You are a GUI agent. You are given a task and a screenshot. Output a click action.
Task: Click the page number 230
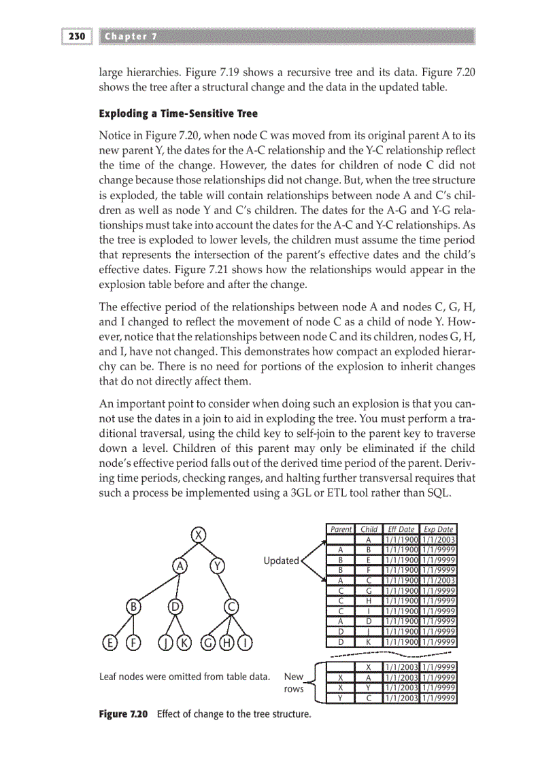pyautogui.click(x=76, y=36)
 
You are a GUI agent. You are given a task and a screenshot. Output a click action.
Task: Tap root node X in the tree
pyautogui.click(x=198, y=535)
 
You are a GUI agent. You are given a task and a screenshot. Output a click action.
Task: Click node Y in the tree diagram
pyautogui.click(x=217, y=566)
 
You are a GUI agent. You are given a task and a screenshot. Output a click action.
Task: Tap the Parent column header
pyautogui.click(x=341, y=529)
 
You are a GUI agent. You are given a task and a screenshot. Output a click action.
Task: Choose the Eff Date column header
pyautogui.click(x=400, y=529)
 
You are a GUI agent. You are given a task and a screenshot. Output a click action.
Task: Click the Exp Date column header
pyautogui.click(x=438, y=529)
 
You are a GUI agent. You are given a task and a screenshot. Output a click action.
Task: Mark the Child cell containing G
pyautogui.click(x=369, y=590)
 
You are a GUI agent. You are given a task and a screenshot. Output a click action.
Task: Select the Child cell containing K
pyautogui.click(x=369, y=641)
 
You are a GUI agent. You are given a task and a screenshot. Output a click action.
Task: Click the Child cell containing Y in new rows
pyautogui.click(x=369, y=688)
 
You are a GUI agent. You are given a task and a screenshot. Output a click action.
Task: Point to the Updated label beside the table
pyautogui.click(x=281, y=561)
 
